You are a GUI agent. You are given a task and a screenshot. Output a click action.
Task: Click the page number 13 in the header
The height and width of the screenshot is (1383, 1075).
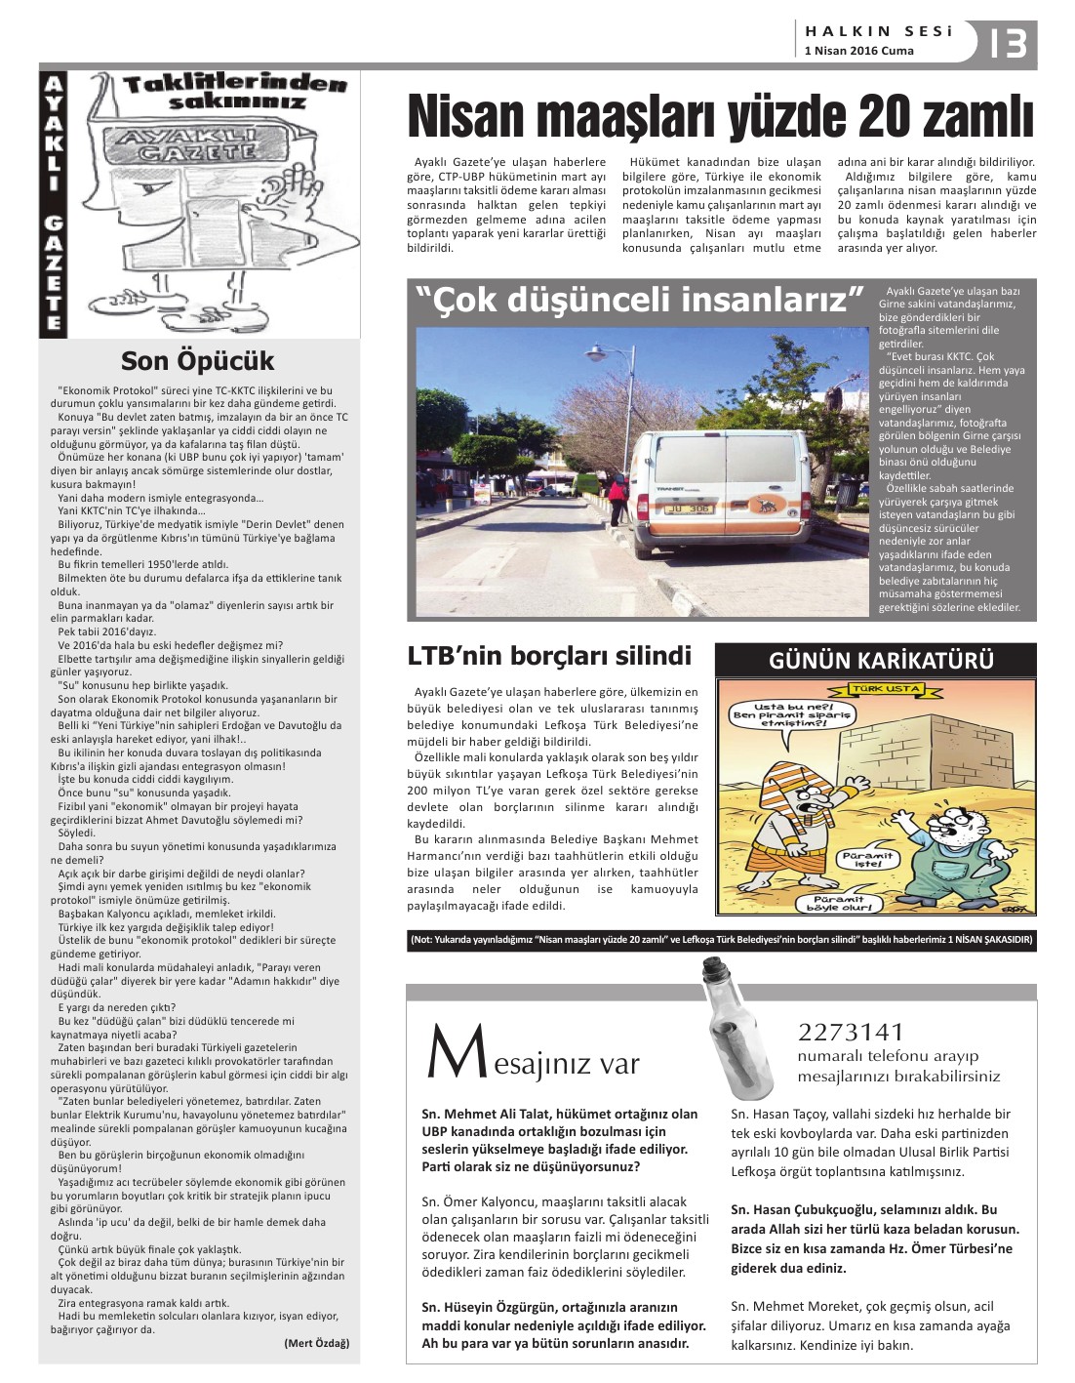pyautogui.click(x=1008, y=43)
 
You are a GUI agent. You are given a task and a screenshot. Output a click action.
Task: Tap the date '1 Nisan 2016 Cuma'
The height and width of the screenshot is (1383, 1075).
pyautogui.click(x=858, y=51)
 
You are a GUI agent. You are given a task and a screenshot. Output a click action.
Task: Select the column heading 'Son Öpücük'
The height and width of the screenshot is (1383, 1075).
pyautogui.click(x=197, y=361)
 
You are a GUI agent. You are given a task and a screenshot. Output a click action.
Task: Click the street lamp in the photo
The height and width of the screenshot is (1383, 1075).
pyautogui.click(x=596, y=353)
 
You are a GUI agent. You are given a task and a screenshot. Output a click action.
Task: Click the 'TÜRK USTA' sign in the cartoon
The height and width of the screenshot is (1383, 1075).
pyautogui.click(x=887, y=689)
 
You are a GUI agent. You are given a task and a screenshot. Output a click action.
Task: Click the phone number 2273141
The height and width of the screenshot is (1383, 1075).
pyautogui.click(x=851, y=1032)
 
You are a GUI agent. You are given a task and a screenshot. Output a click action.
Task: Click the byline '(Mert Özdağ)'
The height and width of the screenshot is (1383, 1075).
pyautogui.click(x=316, y=1343)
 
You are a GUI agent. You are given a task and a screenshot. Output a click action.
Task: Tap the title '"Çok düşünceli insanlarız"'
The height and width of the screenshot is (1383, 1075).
pyautogui.click(x=640, y=300)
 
